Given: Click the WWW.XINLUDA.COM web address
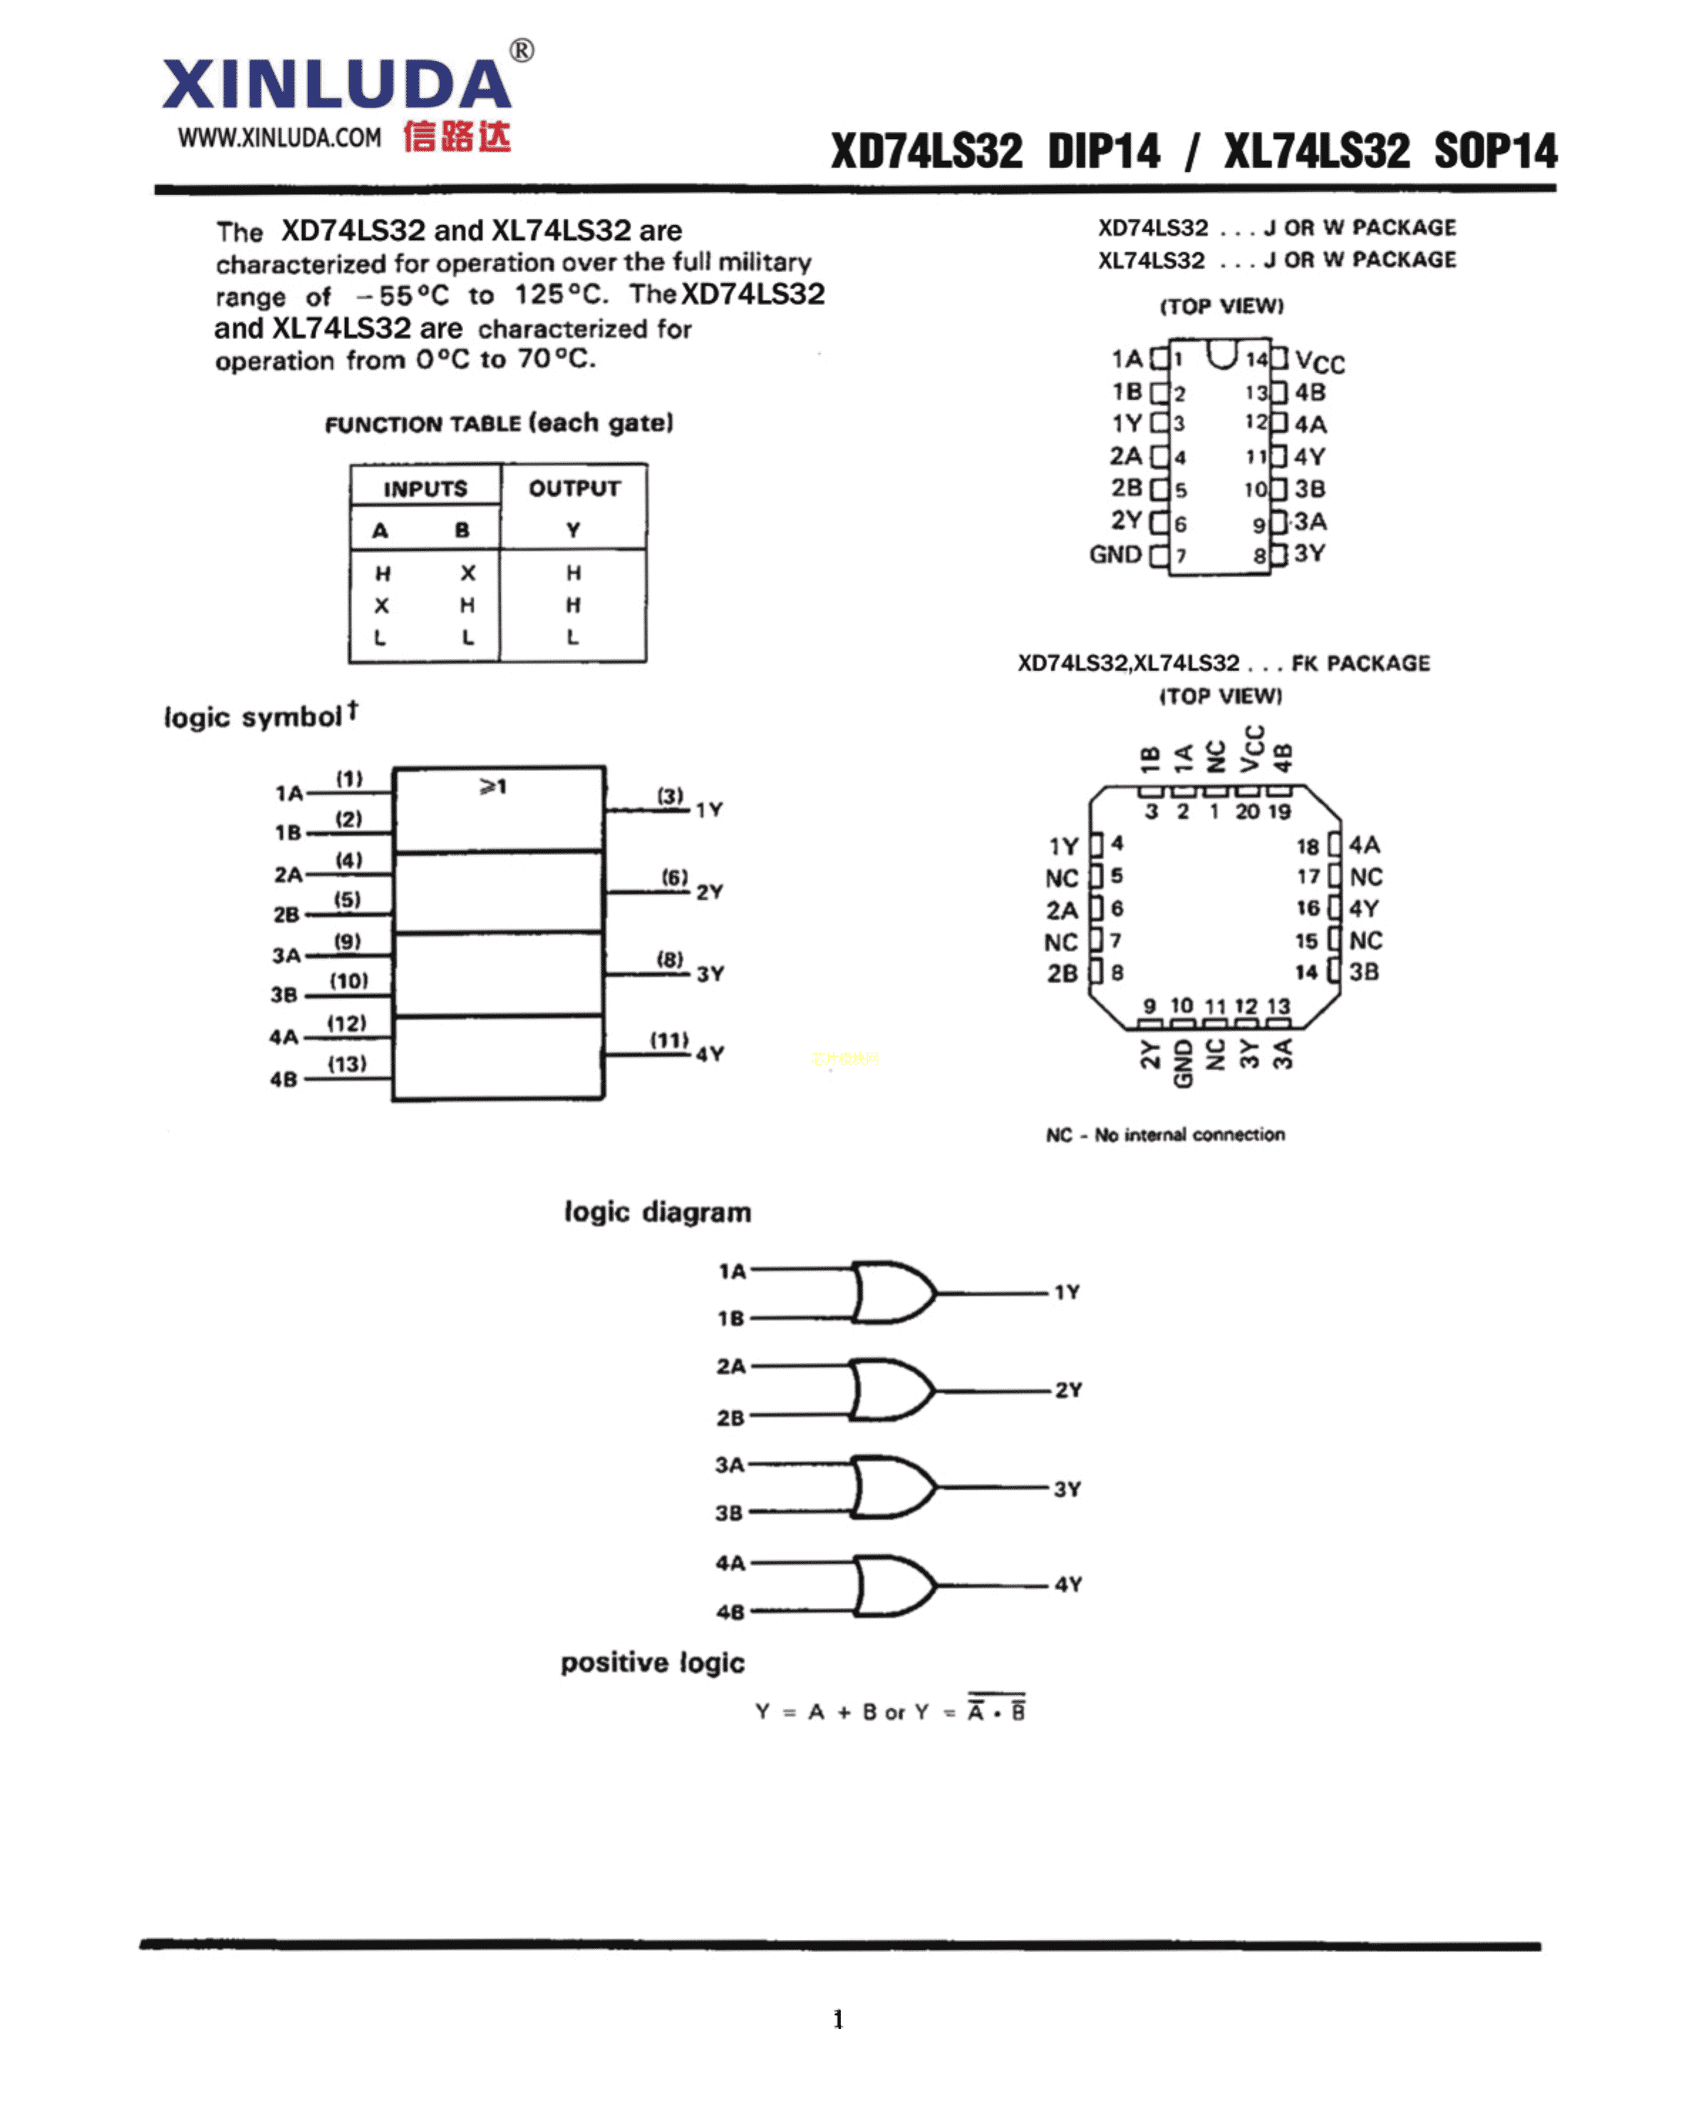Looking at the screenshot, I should point(279,138).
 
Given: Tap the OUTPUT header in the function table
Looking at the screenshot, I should point(574,488).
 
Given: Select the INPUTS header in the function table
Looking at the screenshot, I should point(425,488).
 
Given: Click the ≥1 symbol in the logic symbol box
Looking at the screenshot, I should point(493,786).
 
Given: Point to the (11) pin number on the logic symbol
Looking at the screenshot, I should point(669,1040).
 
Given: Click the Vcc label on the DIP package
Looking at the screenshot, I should point(1320,363).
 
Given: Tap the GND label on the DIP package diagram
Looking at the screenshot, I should point(1115,554).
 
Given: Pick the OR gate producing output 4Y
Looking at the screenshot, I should point(892,1585).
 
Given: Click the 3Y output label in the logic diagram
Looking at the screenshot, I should point(1067,1489).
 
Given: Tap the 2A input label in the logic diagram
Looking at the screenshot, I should point(731,1366).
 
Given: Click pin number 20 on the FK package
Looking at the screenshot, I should point(1247,812).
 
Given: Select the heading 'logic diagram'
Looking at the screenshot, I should point(658,1212).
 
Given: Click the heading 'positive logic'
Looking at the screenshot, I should point(653,1663).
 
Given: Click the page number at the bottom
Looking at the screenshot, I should point(839,2019).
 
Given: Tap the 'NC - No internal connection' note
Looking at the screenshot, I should point(1165,1135).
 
